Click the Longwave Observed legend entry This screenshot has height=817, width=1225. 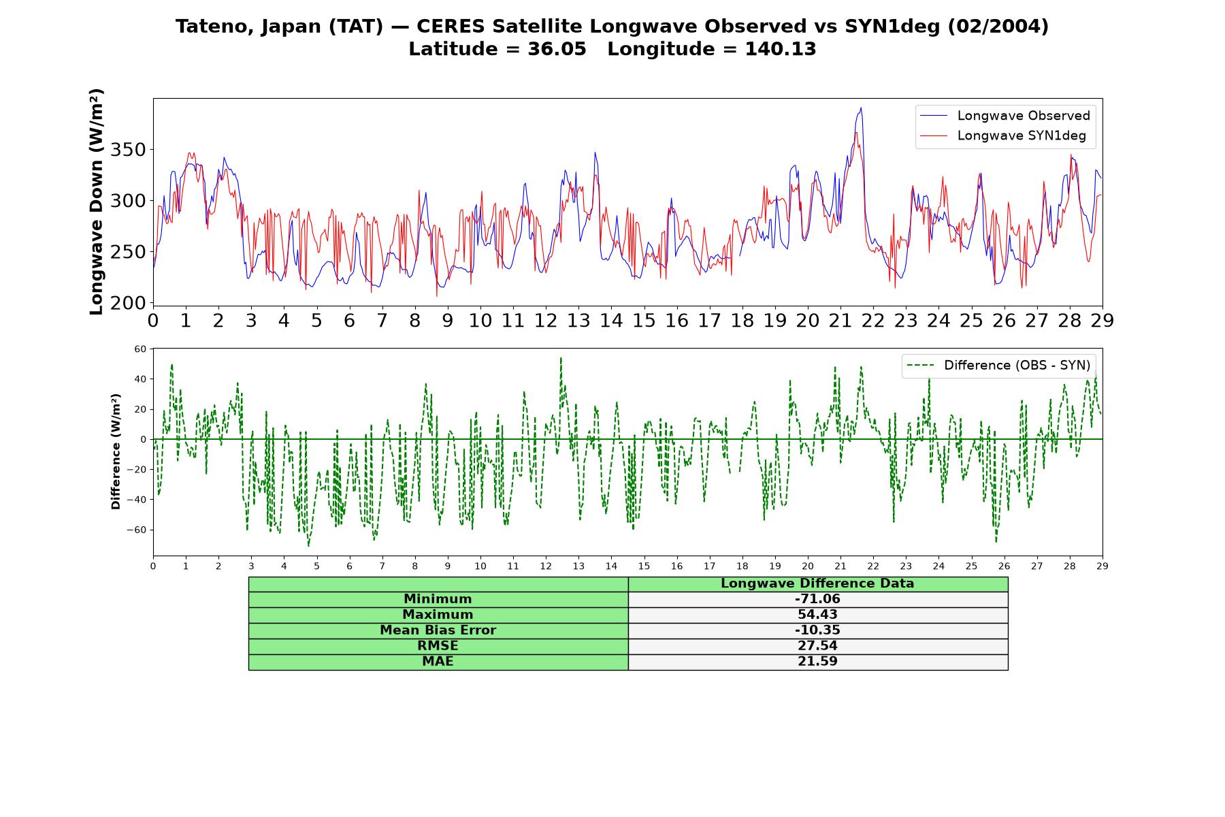click(1004, 116)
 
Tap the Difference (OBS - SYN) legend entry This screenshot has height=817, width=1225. click(998, 366)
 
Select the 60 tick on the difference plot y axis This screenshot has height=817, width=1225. click(140, 349)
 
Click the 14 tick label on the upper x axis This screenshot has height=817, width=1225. click(611, 321)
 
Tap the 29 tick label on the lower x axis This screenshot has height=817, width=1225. click(1102, 566)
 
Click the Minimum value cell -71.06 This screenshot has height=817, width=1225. click(817, 599)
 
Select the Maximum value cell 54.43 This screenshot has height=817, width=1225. click(817, 615)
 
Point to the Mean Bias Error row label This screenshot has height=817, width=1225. click(438, 630)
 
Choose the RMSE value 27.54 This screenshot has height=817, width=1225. click(817, 646)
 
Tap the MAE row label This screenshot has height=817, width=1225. click(438, 662)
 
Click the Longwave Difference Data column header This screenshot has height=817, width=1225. click(817, 583)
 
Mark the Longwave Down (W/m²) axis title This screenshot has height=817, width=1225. click(96, 202)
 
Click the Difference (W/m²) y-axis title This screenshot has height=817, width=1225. click(116, 451)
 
